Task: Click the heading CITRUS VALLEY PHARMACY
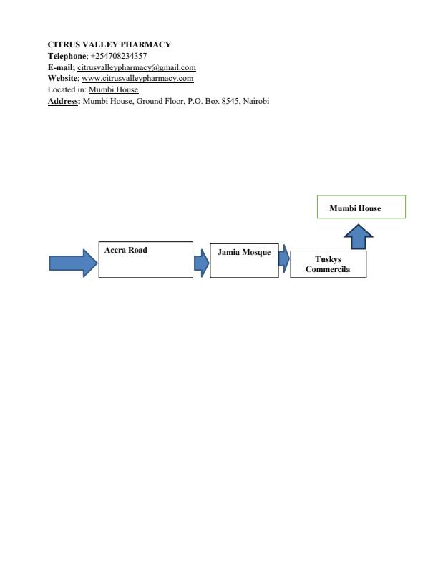pos(109,44)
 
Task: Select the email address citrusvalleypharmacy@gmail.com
pos(137,67)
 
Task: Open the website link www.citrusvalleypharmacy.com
pos(137,78)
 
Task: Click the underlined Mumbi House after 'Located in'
pos(114,89)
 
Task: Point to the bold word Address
pos(64,101)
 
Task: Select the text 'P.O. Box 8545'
pos(214,101)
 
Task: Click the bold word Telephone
pos(67,56)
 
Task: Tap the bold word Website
pos(63,78)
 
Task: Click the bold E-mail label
pos(61,67)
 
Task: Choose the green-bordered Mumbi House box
pos(361,207)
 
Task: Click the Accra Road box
pos(145,259)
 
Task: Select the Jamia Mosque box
pos(244,259)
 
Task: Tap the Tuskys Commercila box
pos(328,264)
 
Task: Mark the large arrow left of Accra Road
pos(73,263)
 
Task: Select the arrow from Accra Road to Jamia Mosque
pos(201,263)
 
